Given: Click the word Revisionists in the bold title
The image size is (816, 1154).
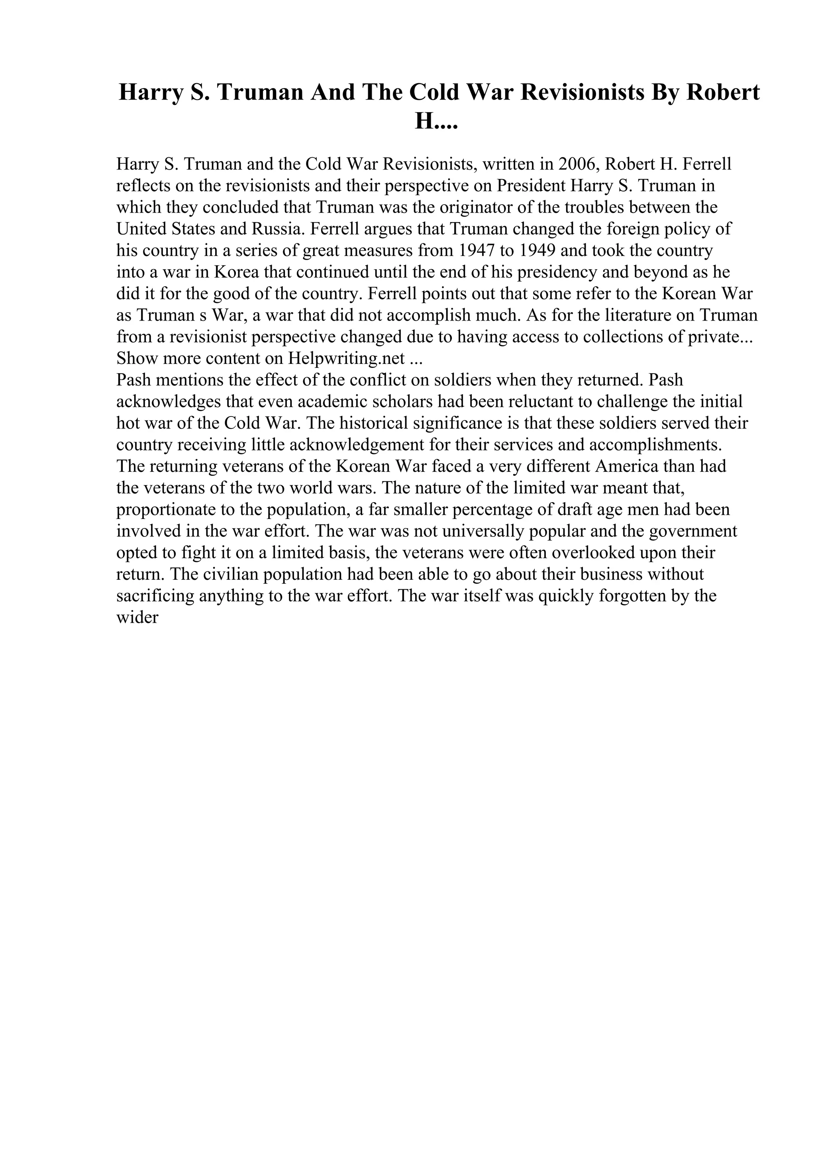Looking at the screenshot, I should pos(582,92).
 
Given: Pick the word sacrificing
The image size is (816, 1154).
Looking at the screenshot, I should pos(155,596).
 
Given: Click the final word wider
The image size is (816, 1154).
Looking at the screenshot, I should pos(137,618).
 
